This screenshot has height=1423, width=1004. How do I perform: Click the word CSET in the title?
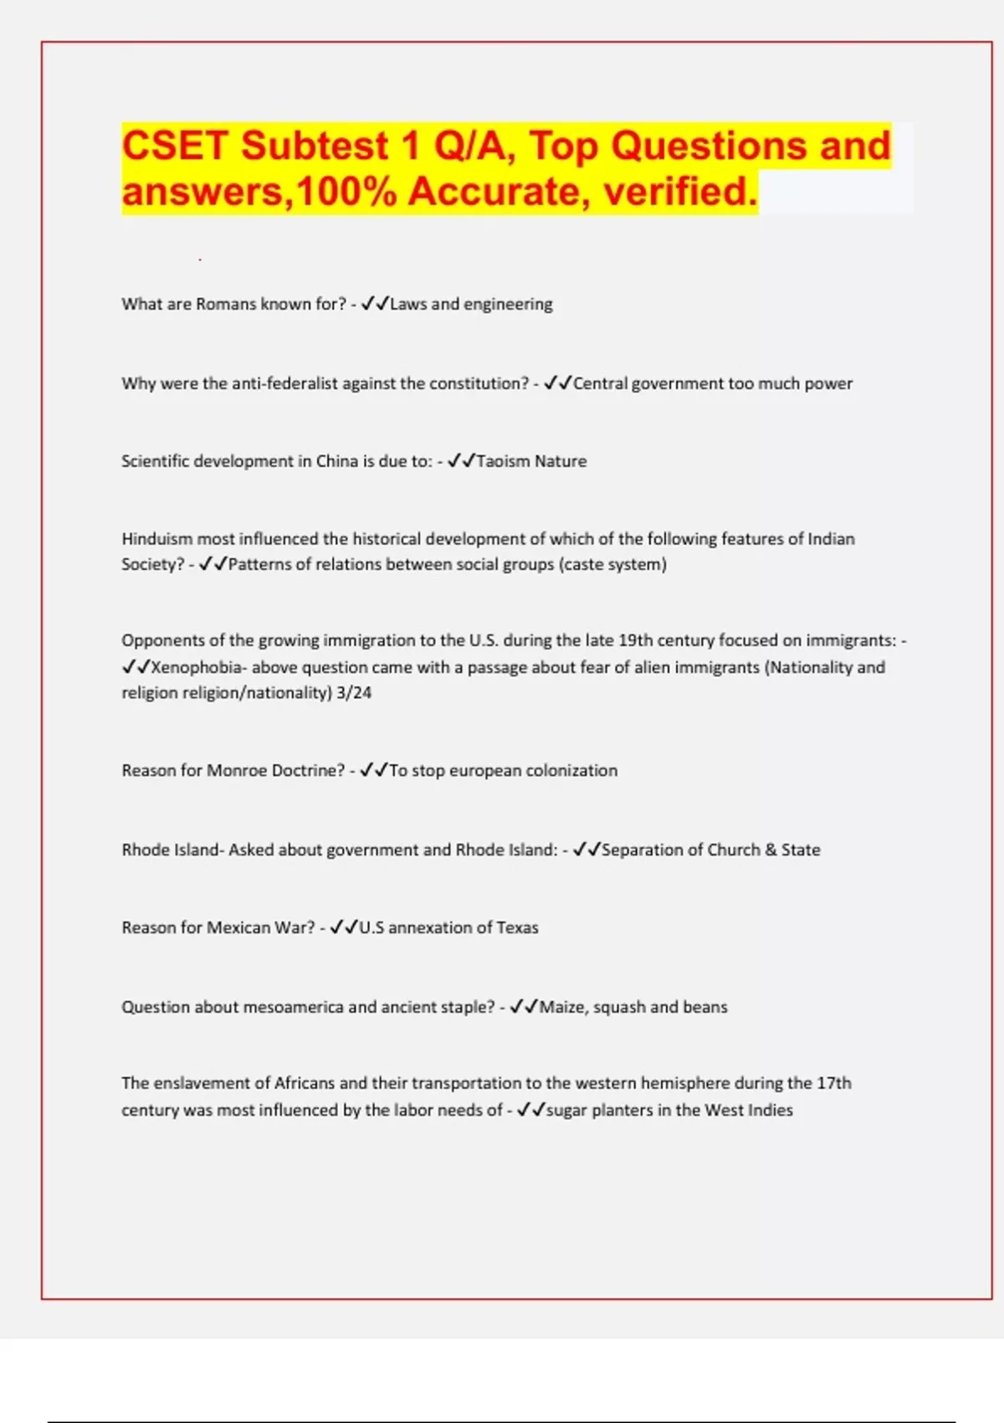coord(175,146)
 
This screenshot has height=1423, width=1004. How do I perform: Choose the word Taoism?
coord(503,461)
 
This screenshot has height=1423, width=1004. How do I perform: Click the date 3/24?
coord(354,692)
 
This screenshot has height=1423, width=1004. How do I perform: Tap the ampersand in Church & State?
coord(771,850)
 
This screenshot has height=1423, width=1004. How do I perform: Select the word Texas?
coord(518,927)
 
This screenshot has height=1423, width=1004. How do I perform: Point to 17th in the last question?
coord(833,1083)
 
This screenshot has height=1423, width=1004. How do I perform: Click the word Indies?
coord(771,1110)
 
